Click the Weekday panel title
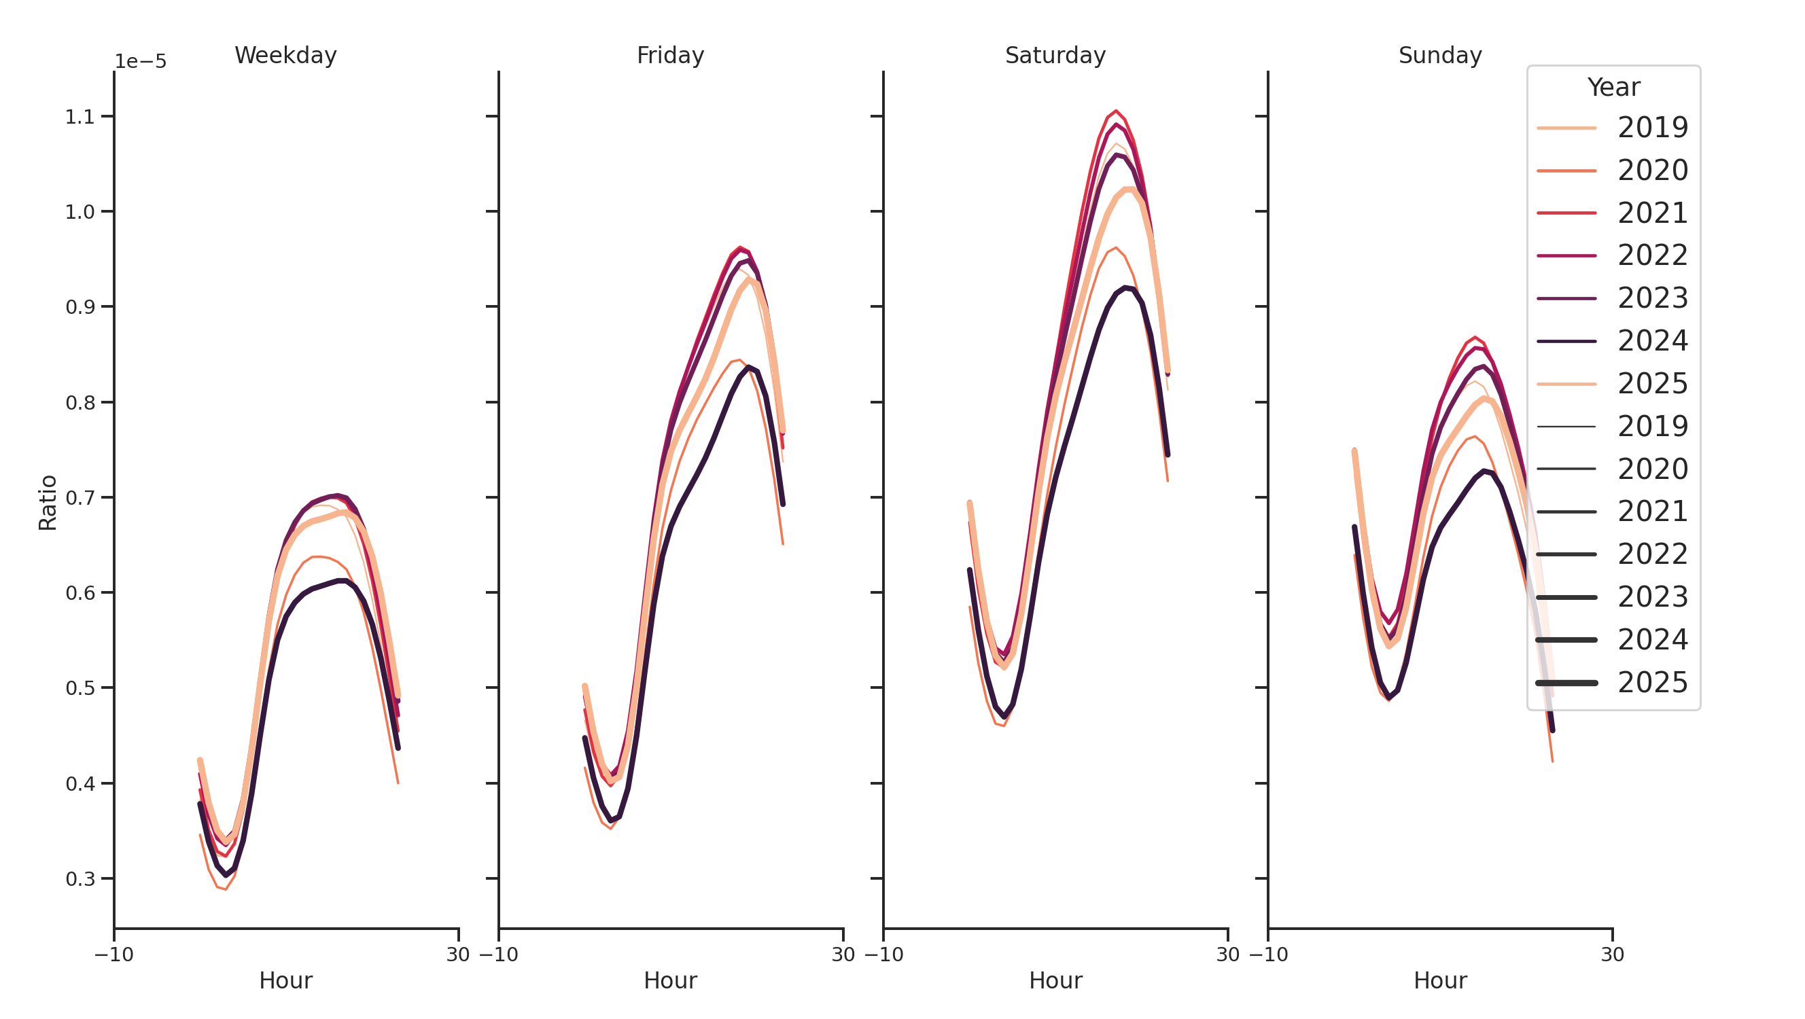[285, 55]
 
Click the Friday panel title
[670, 55]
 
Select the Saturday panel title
[1055, 55]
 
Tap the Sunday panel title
[1439, 55]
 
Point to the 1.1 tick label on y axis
[80, 117]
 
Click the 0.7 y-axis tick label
[80, 498]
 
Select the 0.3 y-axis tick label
[80, 879]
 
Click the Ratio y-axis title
[48, 502]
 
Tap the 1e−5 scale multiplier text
[140, 62]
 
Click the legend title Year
[1613, 88]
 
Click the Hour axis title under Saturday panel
[1055, 980]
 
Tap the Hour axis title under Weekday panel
[285, 980]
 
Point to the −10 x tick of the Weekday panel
[113, 954]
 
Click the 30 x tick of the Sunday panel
[1612, 954]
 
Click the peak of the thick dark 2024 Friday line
[748, 367]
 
